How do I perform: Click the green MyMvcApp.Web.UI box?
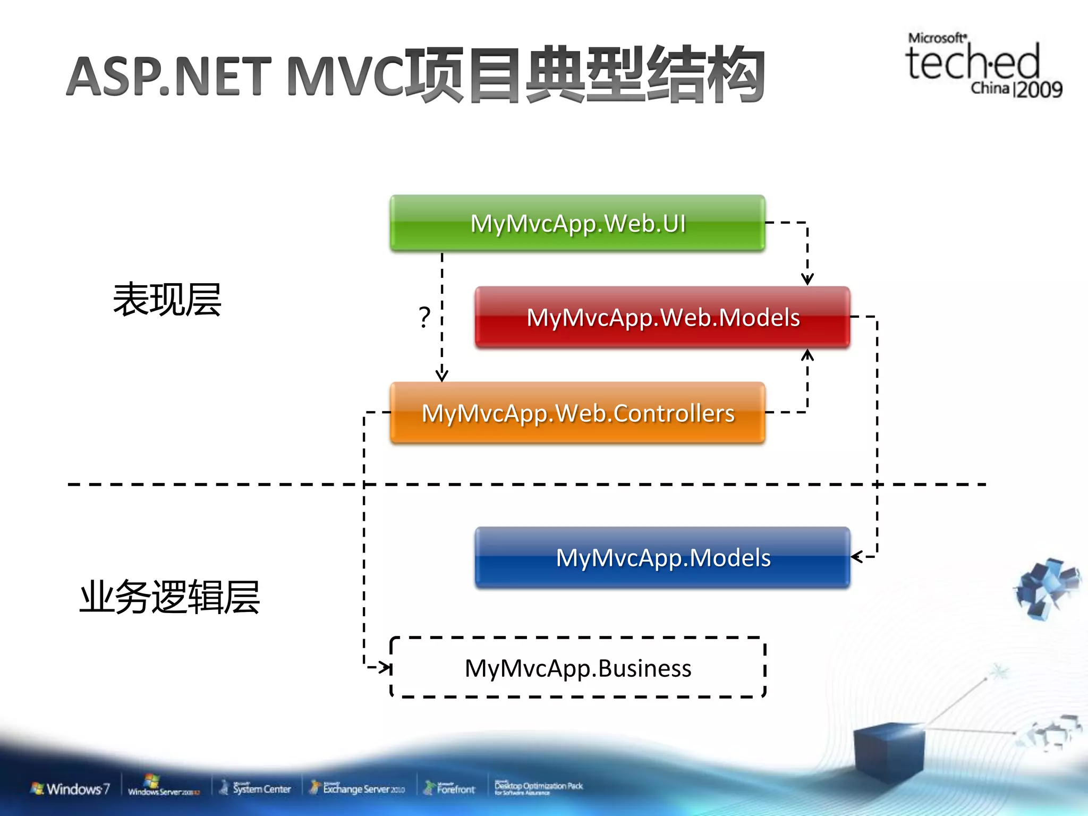[577, 223]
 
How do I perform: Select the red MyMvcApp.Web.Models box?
[662, 318]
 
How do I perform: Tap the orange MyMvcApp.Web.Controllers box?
[577, 413]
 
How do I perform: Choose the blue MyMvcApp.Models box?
[662, 558]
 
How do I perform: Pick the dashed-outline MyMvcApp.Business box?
[577, 668]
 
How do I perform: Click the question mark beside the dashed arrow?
[424, 317]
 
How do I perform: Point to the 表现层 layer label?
[167, 300]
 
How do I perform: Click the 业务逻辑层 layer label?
[169, 597]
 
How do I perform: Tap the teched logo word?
[972, 63]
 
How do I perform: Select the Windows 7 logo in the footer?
[71, 788]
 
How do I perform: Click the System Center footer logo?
[256, 788]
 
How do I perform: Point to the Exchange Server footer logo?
[358, 788]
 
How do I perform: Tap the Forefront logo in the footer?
[449, 789]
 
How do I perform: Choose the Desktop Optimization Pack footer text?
[538, 787]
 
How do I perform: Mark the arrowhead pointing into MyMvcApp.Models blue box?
[855, 557]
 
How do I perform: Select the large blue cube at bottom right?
[888, 752]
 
